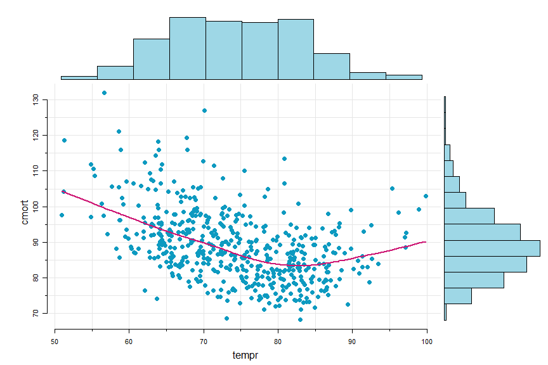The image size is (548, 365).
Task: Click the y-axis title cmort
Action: pyautogui.click(x=25, y=212)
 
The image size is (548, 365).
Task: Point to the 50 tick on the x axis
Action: pyautogui.click(x=55, y=341)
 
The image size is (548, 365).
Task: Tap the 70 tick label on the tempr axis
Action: pyautogui.click(x=204, y=341)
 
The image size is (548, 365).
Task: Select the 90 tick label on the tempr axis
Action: pyautogui.click(x=352, y=341)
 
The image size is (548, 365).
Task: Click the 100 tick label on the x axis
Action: pyautogui.click(x=426, y=341)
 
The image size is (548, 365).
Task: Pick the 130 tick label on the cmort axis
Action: pyautogui.click(x=37, y=99)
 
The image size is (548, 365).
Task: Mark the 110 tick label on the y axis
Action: pyautogui.click(x=37, y=170)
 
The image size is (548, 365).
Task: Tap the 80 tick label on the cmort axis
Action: pyautogui.click(x=37, y=278)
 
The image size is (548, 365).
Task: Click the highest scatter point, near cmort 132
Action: pyautogui.click(x=104, y=93)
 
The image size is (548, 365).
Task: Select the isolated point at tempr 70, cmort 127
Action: pyautogui.click(x=204, y=110)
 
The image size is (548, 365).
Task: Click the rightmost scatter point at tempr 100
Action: pyautogui.click(x=426, y=196)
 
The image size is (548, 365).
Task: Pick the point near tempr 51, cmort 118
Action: pyautogui.click(x=64, y=140)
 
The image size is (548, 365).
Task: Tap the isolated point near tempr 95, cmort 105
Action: pyautogui.click(x=392, y=188)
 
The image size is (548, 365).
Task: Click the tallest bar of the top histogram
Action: pyautogui.click(x=187, y=48)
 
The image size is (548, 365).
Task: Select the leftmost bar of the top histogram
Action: pyautogui.click(x=79, y=78)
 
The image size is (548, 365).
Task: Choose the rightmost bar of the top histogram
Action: pyautogui.click(x=403, y=77)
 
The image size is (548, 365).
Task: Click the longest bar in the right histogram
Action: pyautogui.click(x=492, y=248)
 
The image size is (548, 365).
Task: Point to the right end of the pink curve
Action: pyautogui.click(x=426, y=242)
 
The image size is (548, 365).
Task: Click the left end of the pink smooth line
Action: pyautogui.click(x=63, y=191)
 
